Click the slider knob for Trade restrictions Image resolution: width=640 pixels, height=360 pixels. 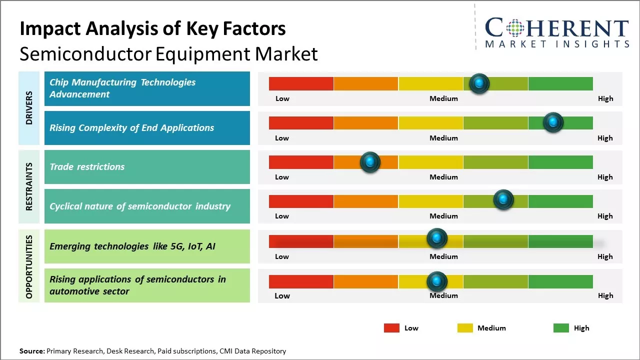pos(370,162)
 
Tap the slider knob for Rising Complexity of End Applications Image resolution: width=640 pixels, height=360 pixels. pos(553,122)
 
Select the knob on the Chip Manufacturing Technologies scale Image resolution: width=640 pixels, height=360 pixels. pos(479,83)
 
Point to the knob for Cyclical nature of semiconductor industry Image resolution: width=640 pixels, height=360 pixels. pos(503,199)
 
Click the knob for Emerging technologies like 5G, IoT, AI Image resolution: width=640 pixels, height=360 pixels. pos(436,238)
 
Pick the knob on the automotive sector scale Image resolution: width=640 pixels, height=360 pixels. pos(436,281)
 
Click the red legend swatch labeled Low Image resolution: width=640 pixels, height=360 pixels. pos(391,328)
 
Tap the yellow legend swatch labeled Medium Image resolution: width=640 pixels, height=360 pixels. pos(465,328)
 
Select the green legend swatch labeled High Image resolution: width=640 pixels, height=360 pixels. pos(561,328)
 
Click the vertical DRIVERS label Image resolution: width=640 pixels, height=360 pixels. pos(29,108)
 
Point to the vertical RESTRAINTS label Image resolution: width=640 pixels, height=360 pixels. pos(29,186)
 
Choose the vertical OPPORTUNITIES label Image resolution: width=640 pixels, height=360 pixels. pos(29,266)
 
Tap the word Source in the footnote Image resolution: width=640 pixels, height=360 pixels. pos(31,351)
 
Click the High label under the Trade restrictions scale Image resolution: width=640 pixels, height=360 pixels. pos(605,177)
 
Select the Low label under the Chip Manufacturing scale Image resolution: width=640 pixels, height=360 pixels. pos(282,98)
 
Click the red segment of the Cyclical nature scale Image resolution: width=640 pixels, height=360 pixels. pos(301,201)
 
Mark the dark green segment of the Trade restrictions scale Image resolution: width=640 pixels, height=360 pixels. pos(560,162)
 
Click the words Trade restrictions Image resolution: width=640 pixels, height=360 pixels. pos(87,167)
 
